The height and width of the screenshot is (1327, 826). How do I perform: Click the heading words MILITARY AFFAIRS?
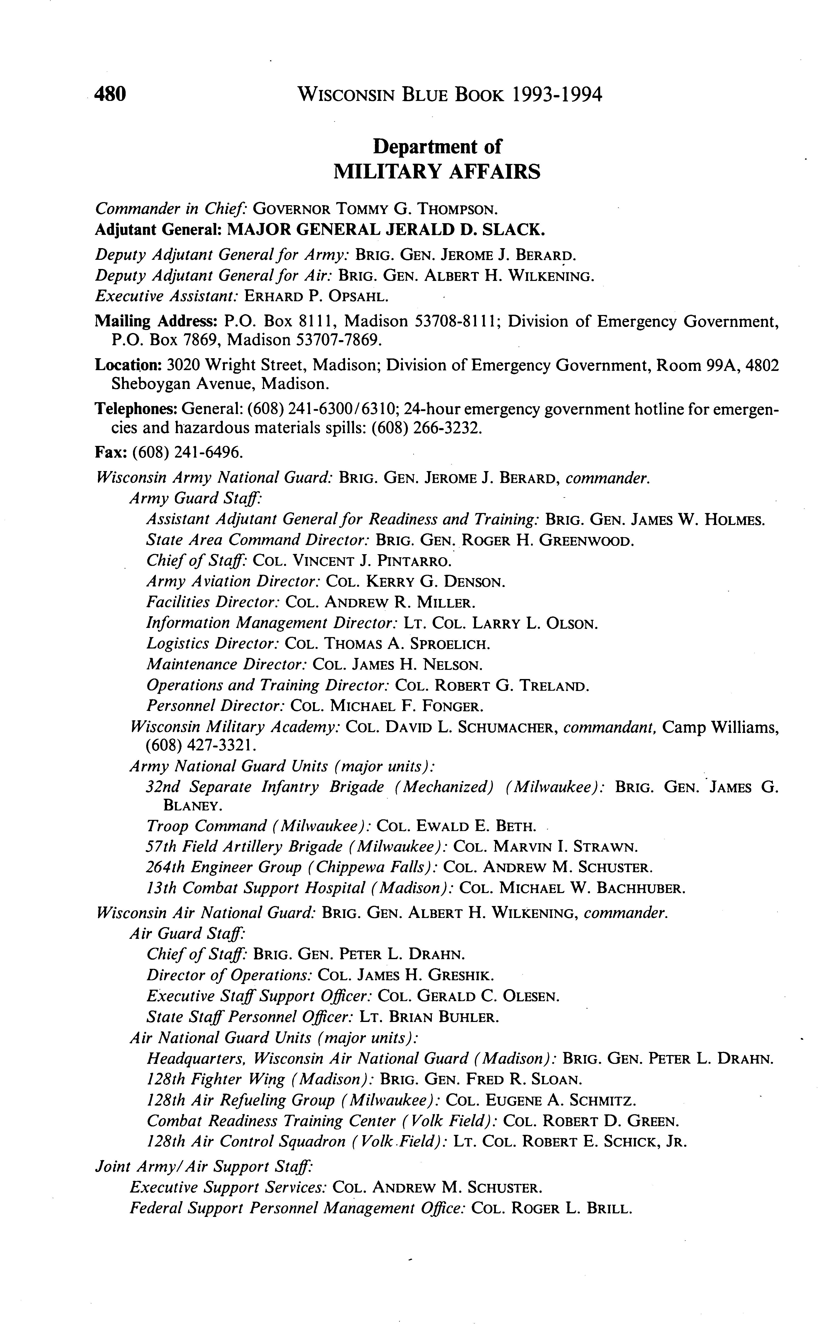[x=436, y=172]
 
